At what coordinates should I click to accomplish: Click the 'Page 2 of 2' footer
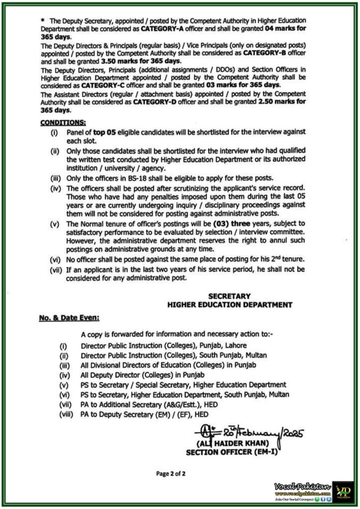171,474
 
